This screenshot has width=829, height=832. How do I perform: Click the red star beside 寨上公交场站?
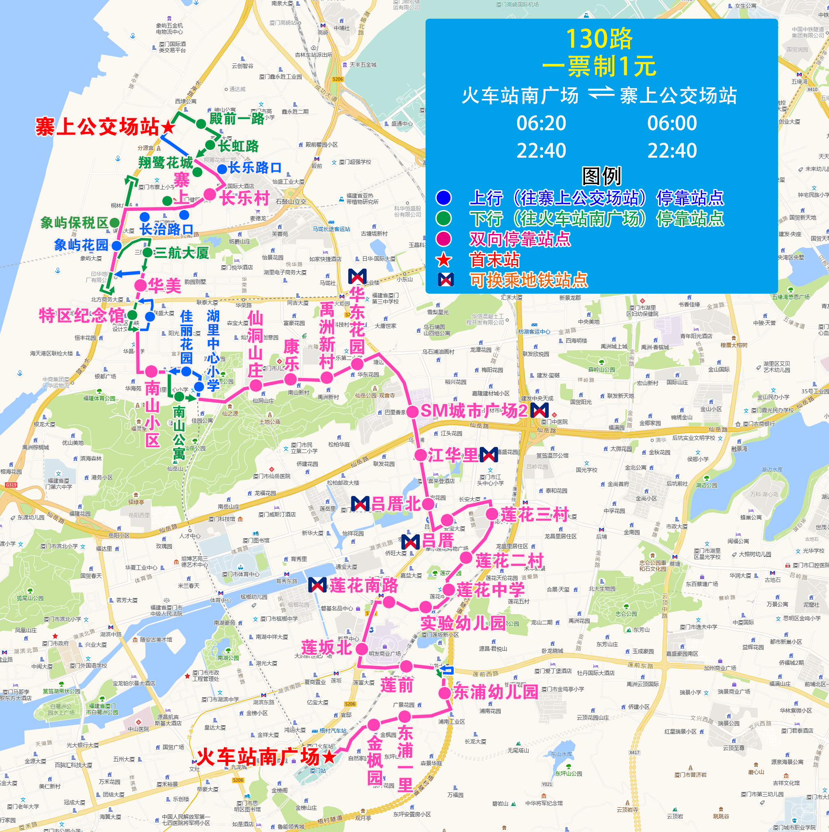168,127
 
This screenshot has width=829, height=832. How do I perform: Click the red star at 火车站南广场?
329,757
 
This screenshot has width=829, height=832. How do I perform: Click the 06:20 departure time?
541,123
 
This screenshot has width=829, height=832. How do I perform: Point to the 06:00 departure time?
672,123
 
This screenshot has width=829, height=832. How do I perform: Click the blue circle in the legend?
443,198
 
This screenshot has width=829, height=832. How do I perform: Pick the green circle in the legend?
443,218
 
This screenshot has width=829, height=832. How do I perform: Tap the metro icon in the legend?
445,280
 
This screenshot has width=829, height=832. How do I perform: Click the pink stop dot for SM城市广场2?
413,411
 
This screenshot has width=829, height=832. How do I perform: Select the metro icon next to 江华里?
489,455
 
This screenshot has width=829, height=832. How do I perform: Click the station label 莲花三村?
534,514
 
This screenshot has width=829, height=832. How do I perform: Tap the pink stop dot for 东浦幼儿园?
445,693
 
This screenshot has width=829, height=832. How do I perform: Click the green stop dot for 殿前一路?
201,124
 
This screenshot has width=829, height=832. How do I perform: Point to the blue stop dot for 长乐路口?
222,168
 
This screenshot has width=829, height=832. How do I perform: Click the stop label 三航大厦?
181,253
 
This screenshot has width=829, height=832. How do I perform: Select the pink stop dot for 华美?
140,285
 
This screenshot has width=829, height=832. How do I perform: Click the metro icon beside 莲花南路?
318,585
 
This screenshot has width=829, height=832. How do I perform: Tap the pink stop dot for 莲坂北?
362,649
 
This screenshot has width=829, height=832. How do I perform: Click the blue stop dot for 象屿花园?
117,246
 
